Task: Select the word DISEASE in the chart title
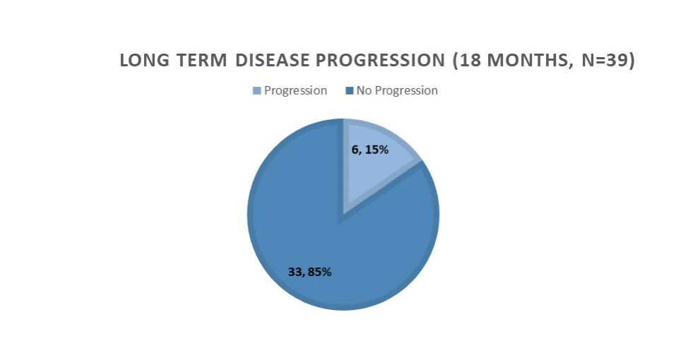(x=272, y=61)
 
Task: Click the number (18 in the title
(x=468, y=61)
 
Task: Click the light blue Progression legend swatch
(x=257, y=91)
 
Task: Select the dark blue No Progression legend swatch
(x=349, y=91)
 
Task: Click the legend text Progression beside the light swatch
(x=295, y=90)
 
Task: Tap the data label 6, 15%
(x=369, y=150)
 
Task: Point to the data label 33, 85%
(x=309, y=271)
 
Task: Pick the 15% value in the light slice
(x=376, y=150)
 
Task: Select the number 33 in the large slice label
(x=295, y=271)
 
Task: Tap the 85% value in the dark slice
(x=319, y=271)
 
